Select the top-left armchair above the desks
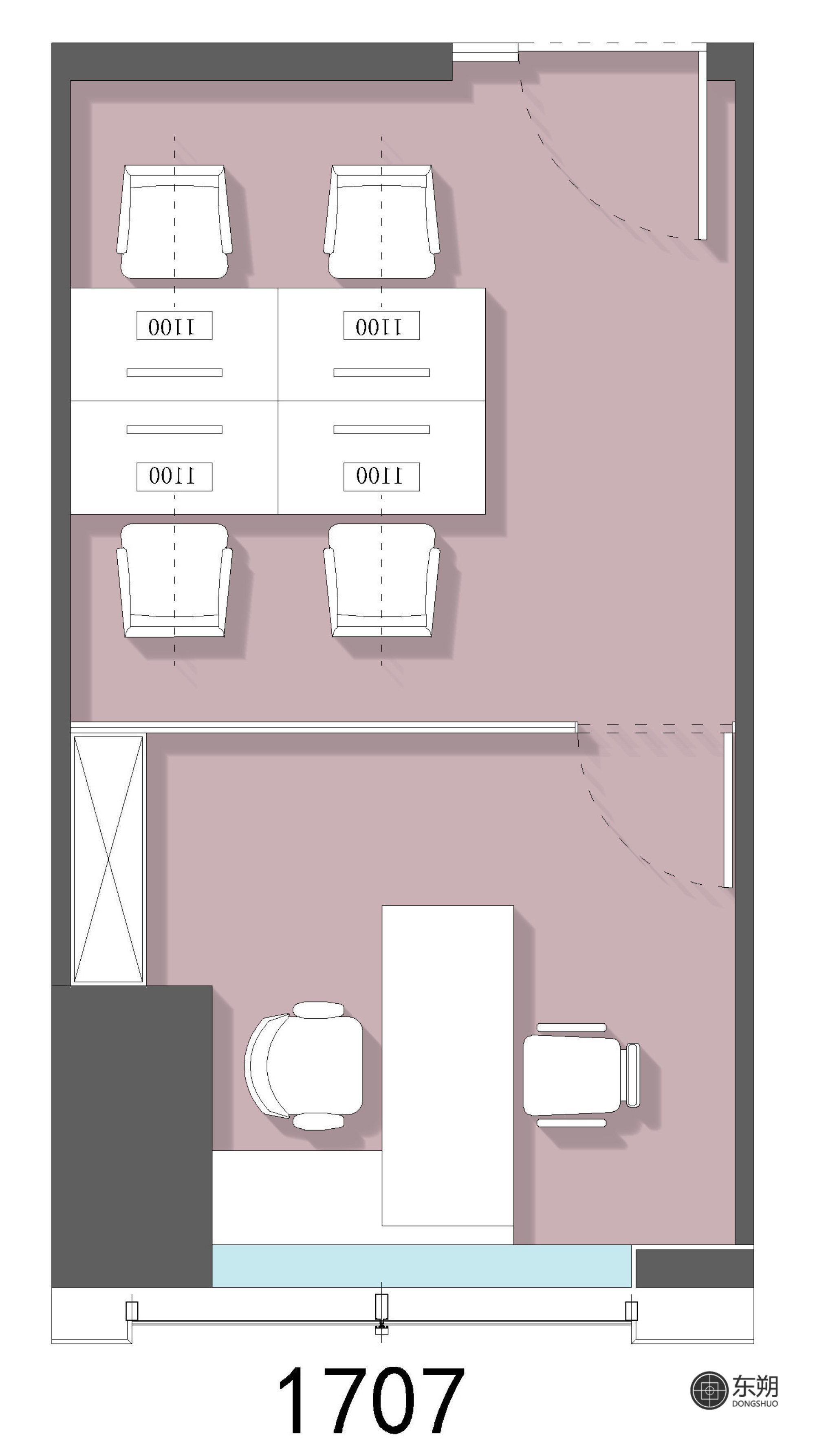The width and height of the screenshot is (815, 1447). [x=174, y=221]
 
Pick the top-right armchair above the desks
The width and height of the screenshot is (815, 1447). [x=381, y=221]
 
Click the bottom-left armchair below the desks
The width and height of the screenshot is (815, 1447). [x=174, y=580]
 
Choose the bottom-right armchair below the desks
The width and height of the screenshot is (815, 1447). [x=381, y=580]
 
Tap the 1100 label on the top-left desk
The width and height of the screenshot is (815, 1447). [x=174, y=325]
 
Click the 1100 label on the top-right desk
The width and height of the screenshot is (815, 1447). [x=381, y=325]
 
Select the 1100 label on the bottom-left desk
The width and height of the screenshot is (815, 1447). [x=174, y=476]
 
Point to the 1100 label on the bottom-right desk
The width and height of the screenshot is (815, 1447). [x=381, y=476]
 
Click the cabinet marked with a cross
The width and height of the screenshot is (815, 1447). [x=108, y=859]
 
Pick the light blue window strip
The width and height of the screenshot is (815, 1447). [x=422, y=1266]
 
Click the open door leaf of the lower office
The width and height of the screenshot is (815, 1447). [x=728, y=810]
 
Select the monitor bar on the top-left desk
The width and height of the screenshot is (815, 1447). [x=174, y=372]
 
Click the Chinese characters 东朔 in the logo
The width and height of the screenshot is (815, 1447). [x=755, y=1386]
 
